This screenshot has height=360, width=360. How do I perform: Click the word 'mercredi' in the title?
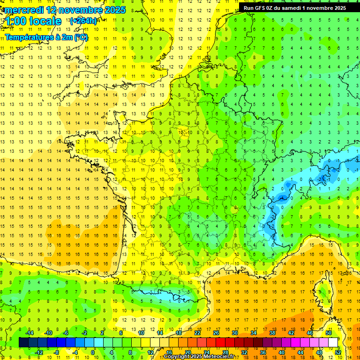[23, 10]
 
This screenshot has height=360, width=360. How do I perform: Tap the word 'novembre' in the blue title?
[79, 10]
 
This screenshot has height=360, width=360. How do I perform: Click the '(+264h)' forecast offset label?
[83, 21]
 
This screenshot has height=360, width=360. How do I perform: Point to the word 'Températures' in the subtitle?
[29, 37]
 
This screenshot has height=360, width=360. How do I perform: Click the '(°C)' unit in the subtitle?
[79, 37]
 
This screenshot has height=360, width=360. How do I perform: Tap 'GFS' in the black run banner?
[262, 8]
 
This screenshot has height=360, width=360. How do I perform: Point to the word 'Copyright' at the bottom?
[178, 357]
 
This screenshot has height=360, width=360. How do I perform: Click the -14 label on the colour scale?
[29, 332]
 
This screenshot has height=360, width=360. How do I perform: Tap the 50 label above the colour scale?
[328, 332]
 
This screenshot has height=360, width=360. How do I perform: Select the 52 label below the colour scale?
[337, 352]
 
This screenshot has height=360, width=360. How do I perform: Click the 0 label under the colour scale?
[93, 352]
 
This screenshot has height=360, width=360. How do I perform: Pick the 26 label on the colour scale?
[216, 332]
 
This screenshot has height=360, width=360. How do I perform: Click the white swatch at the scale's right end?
[333, 342]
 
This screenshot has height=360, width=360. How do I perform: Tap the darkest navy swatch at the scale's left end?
[23, 342]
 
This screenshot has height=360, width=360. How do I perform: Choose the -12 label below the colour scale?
[38, 352]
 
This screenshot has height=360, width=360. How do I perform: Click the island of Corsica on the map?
[322, 290]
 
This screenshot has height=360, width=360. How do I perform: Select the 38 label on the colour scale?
[272, 332]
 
